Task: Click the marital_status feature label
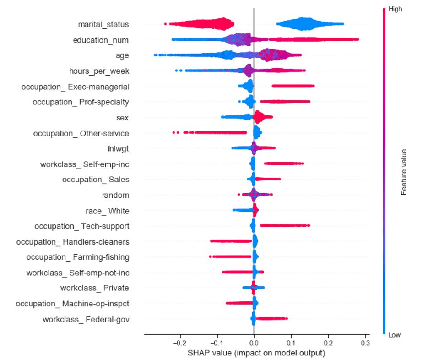[103, 24]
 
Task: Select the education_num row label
[101, 40]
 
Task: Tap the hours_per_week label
[99, 71]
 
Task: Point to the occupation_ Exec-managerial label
[75, 87]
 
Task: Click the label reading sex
[123, 118]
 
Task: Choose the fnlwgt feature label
[118, 148]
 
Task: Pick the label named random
[115, 195]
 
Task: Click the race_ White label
[108, 211]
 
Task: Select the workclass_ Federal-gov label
[86, 319]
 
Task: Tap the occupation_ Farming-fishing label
[78, 257]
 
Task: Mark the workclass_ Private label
[95, 288]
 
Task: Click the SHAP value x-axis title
[256, 353]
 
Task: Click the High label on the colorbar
[395, 9]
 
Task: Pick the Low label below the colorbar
[394, 335]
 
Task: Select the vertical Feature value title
[404, 172]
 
